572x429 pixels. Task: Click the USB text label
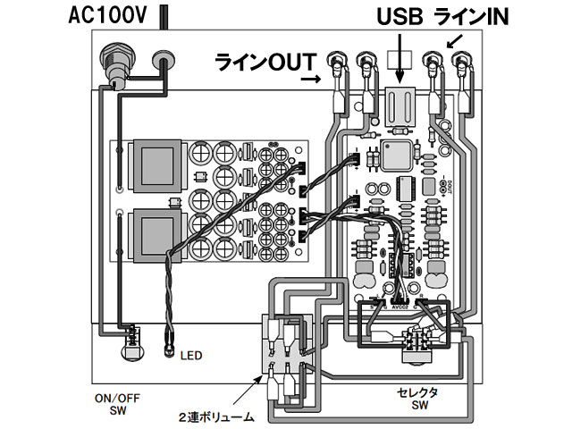[399, 19]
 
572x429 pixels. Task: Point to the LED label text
[191, 356]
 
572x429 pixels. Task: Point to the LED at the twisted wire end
[167, 339]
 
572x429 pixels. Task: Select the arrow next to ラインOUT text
[312, 80]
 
